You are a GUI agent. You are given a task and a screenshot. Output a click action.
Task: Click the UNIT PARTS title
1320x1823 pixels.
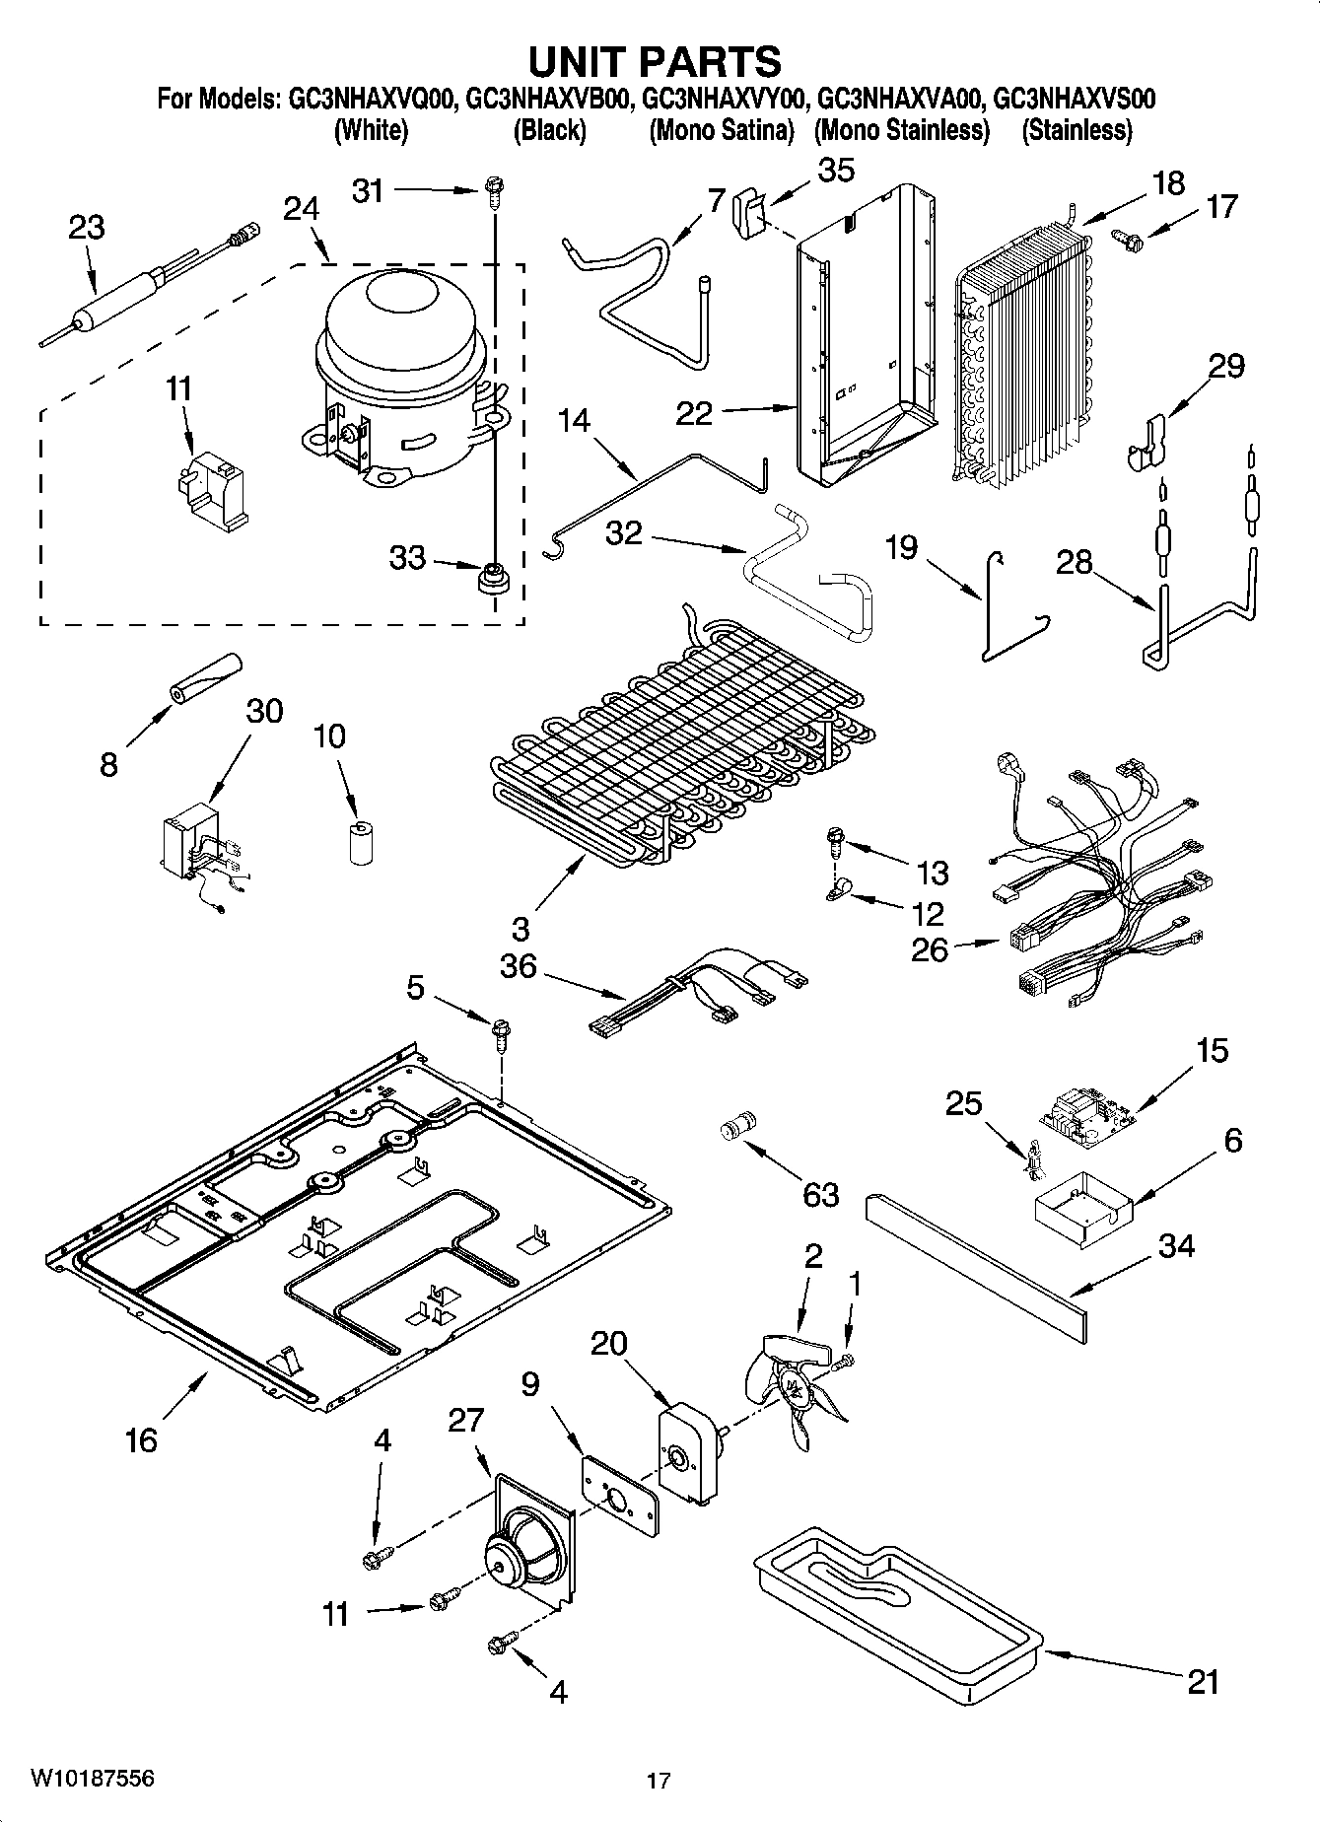(656, 61)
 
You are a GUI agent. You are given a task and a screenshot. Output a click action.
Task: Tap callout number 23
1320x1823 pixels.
(86, 228)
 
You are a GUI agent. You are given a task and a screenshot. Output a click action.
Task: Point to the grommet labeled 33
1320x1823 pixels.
(490, 578)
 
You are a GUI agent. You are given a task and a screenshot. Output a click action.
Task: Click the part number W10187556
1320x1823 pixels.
(93, 1778)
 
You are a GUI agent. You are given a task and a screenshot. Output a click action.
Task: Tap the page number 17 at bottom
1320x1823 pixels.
(659, 1781)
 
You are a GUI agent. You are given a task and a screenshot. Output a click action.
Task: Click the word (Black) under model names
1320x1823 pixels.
(549, 130)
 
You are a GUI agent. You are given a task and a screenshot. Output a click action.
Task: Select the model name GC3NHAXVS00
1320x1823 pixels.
(1075, 99)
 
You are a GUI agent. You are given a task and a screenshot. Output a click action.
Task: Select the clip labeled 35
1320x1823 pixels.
(749, 212)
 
